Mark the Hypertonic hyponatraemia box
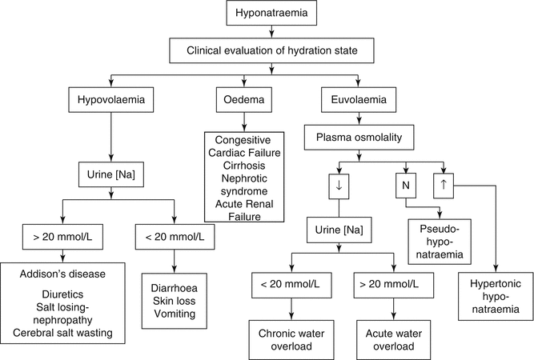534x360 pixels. click(x=496, y=296)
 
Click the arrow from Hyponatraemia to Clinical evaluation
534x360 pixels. click(x=273, y=33)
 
